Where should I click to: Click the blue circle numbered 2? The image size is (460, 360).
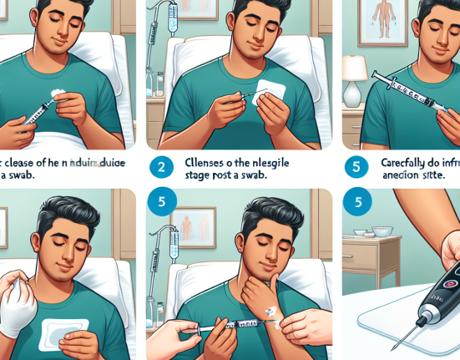pyautogui.click(x=162, y=167)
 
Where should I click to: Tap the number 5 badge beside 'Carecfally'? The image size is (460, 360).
pyautogui.click(x=356, y=167)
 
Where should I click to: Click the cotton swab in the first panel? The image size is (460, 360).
pyautogui.click(x=58, y=95)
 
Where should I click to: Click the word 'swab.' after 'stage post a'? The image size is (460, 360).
pyautogui.click(x=254, y=176)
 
